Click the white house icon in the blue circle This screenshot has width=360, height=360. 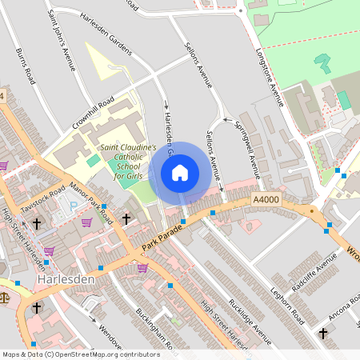coord(180,173)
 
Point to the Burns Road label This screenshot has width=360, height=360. coord(26,66)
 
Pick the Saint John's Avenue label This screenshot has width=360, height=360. coord(62,41)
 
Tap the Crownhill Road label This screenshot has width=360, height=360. coord(94,113)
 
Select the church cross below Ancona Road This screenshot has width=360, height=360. coord(323,333)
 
